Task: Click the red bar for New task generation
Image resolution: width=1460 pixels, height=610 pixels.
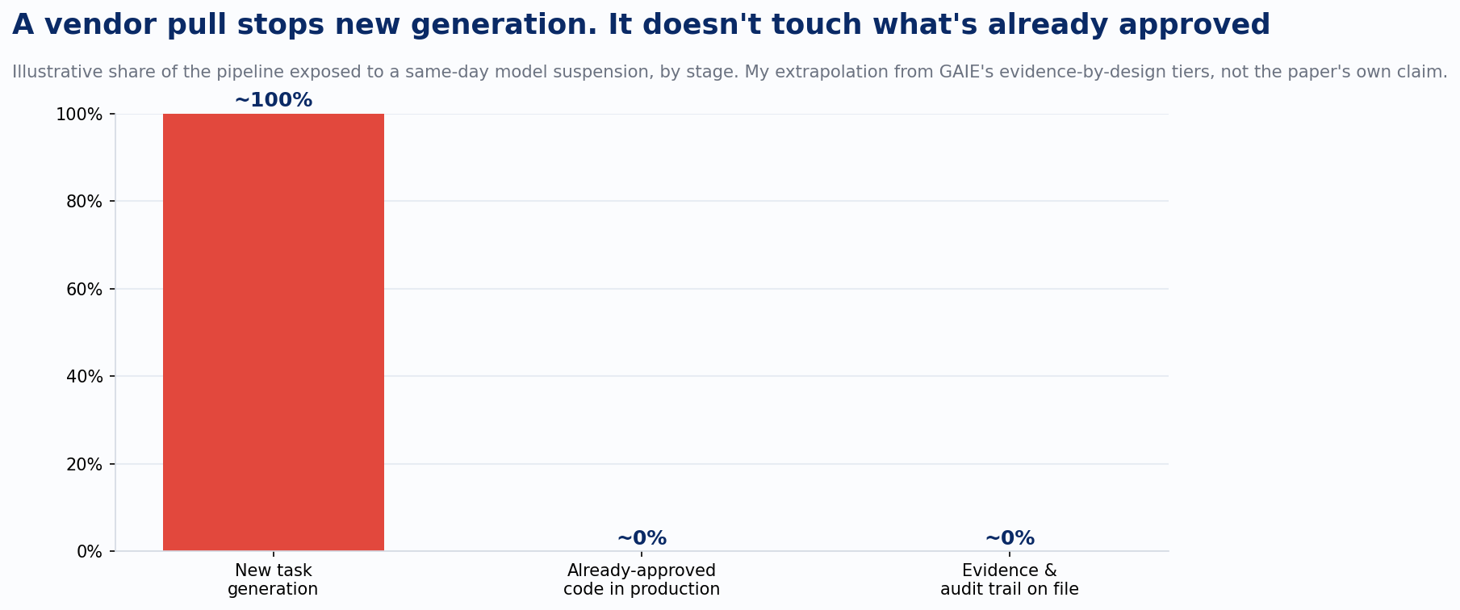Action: (274, 332)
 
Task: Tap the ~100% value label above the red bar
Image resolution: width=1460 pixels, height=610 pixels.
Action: (274, 101)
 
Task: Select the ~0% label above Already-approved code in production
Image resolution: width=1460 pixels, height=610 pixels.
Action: (642, 538)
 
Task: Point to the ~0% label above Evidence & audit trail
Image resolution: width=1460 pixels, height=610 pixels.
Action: (1010, 538)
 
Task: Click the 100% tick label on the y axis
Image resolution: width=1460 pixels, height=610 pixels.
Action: (79, 115)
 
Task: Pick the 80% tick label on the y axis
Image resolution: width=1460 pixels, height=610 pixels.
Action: (84, 202)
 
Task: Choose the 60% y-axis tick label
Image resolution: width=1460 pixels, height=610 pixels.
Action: (84, 289)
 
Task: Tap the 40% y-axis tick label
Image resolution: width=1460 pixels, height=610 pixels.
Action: (84, 377)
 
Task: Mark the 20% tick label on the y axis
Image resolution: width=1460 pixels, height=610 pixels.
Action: (84, 464)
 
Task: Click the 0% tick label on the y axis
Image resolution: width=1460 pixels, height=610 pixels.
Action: (89, 552)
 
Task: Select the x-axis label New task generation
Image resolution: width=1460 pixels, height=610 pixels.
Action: (273, 580)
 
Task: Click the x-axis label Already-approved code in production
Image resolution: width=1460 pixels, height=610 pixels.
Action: (642, 580)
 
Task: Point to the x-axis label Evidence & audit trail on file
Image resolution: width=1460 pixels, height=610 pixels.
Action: (1010, 580)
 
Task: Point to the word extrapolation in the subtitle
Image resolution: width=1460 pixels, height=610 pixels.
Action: (825, 72)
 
